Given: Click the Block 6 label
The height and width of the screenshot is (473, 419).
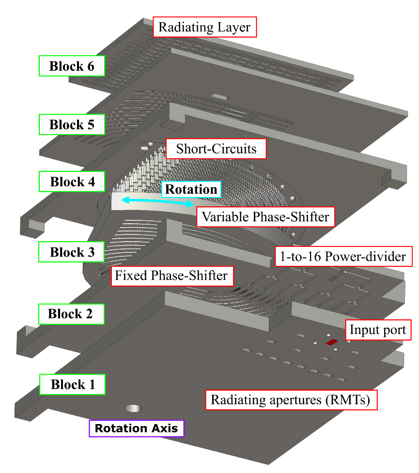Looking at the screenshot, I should (72, 66).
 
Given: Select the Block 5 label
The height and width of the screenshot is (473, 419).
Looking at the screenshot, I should (72, 125).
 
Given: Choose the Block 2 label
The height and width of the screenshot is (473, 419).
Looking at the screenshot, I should (70, 314).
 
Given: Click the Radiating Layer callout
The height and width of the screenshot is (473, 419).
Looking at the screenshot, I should (204, 27).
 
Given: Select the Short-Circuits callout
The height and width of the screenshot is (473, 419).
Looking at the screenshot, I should (216, 148).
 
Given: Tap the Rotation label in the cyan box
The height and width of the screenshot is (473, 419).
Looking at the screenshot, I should (191, 189).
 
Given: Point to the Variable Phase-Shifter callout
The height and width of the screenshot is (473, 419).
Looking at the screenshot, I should (265, 217).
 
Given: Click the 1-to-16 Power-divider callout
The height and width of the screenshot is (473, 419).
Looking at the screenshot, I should (343, 256).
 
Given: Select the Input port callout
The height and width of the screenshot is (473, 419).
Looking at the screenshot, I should (377, 331).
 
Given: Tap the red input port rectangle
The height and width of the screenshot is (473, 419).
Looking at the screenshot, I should (332, 342).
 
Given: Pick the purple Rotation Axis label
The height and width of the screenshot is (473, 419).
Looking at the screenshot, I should (136, 428).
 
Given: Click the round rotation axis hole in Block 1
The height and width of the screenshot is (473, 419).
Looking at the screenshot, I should (133, 408).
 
